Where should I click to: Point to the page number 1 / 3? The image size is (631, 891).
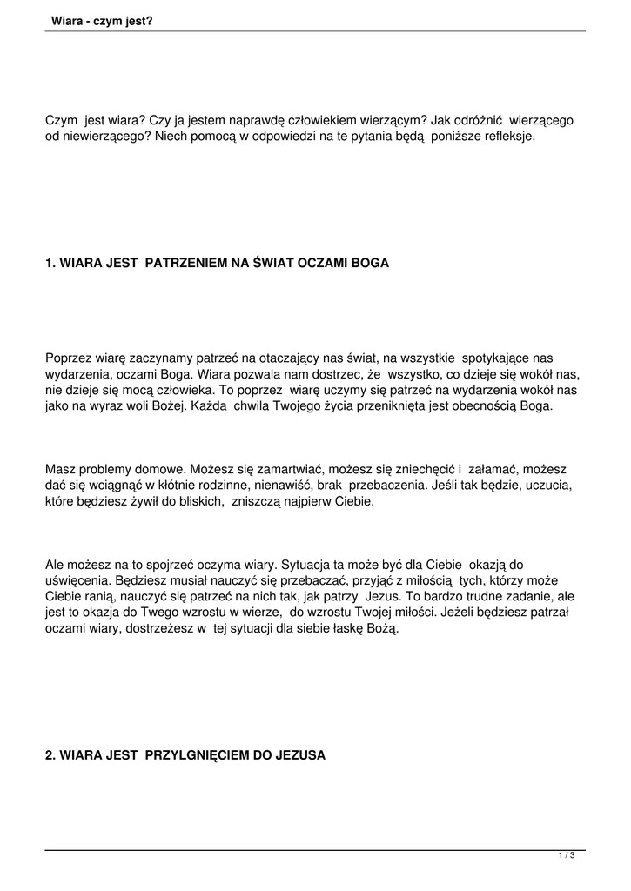pyautogui.click(x=567, y=856)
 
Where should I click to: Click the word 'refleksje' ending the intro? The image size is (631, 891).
pyautogui.click(x=504, y=137)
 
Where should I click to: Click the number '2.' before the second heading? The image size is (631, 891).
pyautogui.click(x=50, y=755)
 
